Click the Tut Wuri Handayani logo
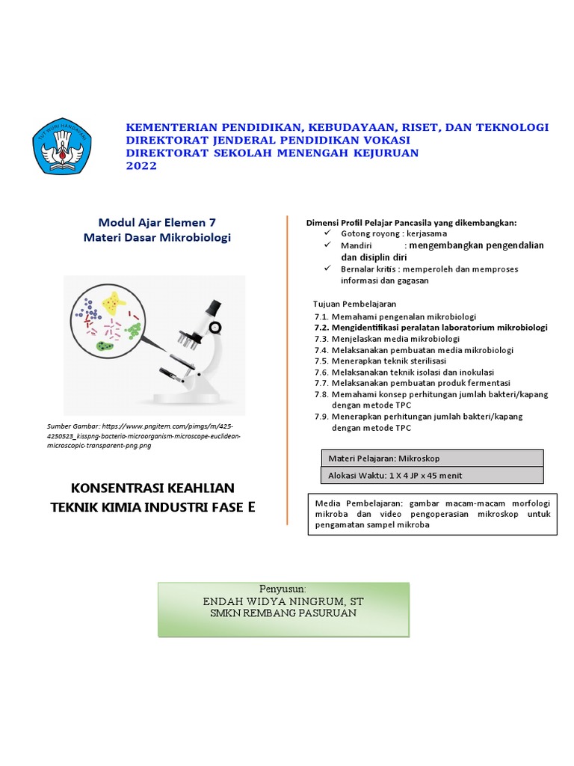(x=62, y=145)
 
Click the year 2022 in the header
(x=141, y=166)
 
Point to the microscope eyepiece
(x=212, y=307)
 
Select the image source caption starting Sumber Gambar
(x=142, y=435)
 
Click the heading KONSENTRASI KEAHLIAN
(x=152, y=488)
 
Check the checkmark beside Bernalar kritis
(x=327, y=269)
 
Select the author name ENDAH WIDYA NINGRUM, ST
(x=283, y=601)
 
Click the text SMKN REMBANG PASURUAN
(x=283, y=613)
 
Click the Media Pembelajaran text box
(x=432, y=515)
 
